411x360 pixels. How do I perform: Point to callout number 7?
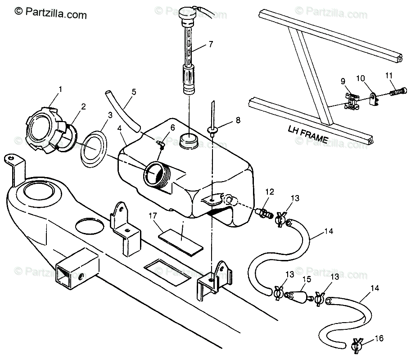210,44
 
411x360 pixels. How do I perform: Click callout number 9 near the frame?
343,82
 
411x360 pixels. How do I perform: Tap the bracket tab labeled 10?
372,97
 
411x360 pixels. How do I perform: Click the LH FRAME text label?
307,134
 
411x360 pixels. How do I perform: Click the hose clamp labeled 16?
358,346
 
